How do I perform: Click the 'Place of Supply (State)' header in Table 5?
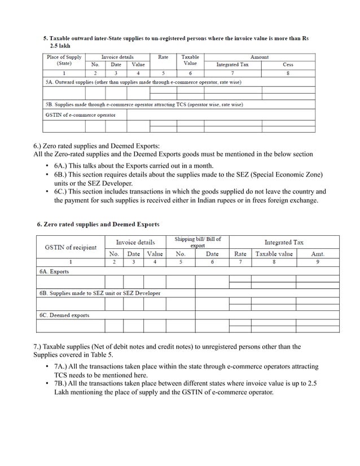[x=64, y=60]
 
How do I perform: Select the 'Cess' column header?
[x=288, y=64]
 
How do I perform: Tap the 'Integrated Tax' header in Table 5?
[x=232, y=64]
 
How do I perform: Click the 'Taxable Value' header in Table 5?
[x=190, y=60]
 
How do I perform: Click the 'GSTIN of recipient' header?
[x=71, y=247]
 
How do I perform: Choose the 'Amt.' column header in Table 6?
[x=318, y=254]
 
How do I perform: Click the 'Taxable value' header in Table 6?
[x=274, y=254]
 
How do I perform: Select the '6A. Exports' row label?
[x=55, y=271]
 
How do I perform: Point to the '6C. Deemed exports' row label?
[x=64, y=315]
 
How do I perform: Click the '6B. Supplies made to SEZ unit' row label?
[x=100, y=293]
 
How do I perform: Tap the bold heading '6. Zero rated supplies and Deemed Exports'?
[x=98, y=225]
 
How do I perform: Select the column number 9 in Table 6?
[x=318, y=262]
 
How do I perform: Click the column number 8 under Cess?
[x=288, y=73]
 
